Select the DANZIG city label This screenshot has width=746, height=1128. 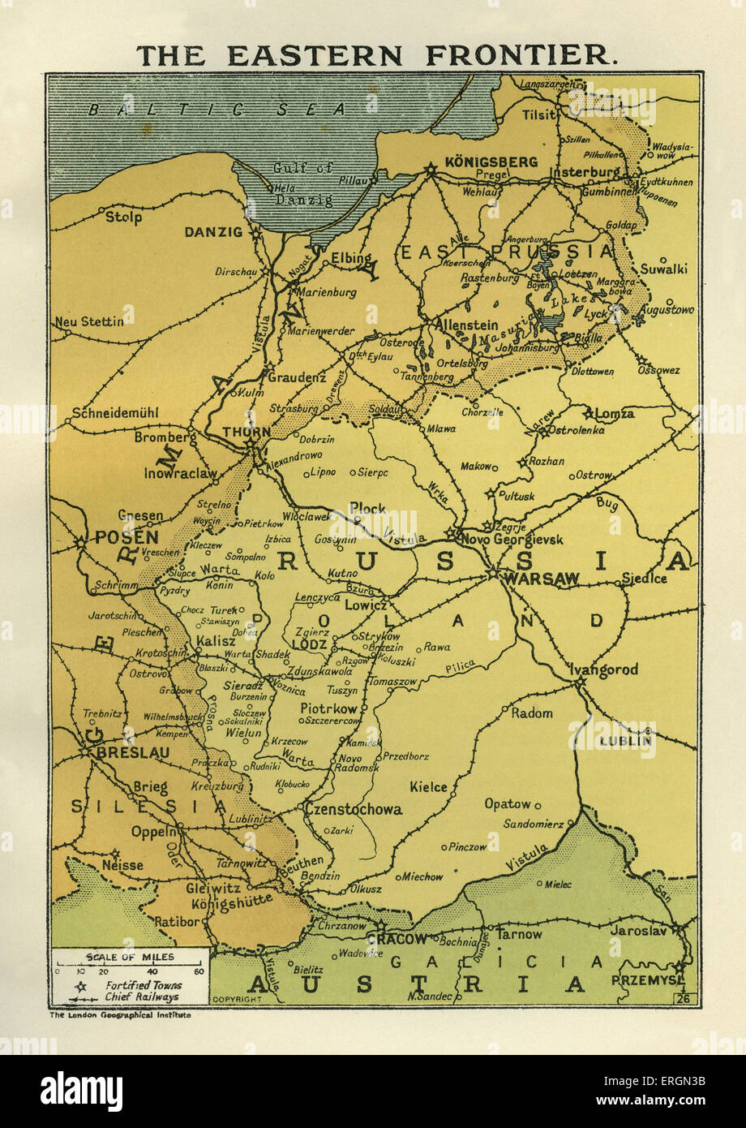click(x=213, y=232)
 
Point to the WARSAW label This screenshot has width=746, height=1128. click(x=541, y=579)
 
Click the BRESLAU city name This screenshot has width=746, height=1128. click(x=133, y=753)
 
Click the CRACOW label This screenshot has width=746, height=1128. click(x=397, y=939)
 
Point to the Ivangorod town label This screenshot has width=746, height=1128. click(x=604, y=669)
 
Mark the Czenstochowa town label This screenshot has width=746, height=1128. click(x=354, y=809)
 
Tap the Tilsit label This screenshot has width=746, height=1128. click(x=538, y=114)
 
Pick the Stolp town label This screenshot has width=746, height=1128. click(x=123, y=217)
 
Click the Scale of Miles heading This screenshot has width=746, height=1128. click(x=130, y=958)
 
